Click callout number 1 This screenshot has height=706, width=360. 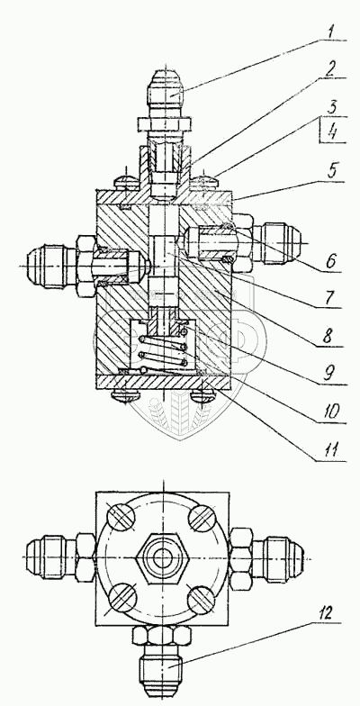pyautogui.click(x=332, y=32)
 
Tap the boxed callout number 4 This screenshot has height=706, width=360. pyautogui.click(x=333, y=131)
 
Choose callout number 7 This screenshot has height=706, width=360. pyautogui.click(x=331, y=298)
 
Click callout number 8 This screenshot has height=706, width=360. pyautogui.click(x=331, y=337)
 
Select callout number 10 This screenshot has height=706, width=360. pyautogui.click(x=331, y=412)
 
